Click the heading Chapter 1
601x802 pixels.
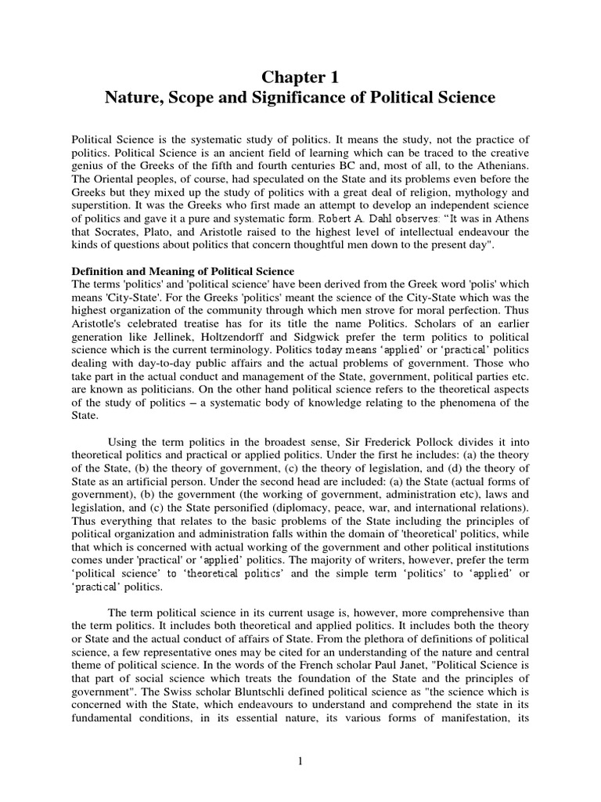pyautogui.click(x=300, y=76)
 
